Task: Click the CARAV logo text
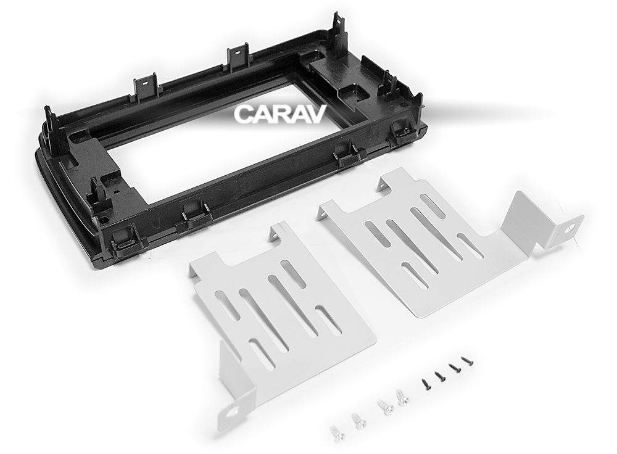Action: click(x=280, y=114)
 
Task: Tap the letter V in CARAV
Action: click(x=318, y=114)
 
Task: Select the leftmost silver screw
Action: click(x=336, y=432)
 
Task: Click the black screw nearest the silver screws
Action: click(x=426, y=383)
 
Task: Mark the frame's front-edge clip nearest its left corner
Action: click(x=126, y=237)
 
